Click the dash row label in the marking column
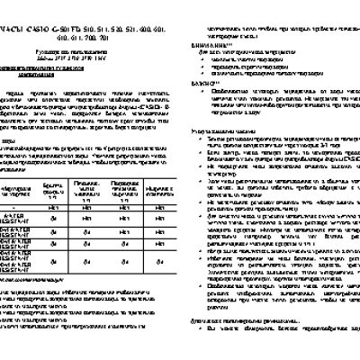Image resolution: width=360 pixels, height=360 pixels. coord(17,230)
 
